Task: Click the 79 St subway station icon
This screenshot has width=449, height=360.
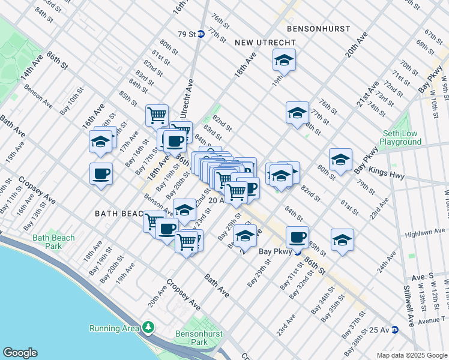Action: pyautogui.click(x=202, y=34)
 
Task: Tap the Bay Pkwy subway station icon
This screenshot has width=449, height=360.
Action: pyautogui.click(x=297, y=253)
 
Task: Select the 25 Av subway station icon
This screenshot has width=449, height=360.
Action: pyautogui.click(x=394, y=329)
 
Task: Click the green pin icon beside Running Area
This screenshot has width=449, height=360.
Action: pyautogui.click(x=148, y=328)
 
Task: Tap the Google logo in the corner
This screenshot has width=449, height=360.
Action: pyautogui.click(x=20, y=353)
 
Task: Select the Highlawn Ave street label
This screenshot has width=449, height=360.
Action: pyautogui.click(x=426, y=232)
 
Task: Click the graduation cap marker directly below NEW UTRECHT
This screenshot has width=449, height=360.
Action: pyautogui.click(x=283, y=60)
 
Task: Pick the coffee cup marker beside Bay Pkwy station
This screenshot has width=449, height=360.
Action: pyautogui.click(x=297, y=236)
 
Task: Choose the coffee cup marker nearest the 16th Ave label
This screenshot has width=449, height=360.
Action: pyautogui.click(x=101, y=173)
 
